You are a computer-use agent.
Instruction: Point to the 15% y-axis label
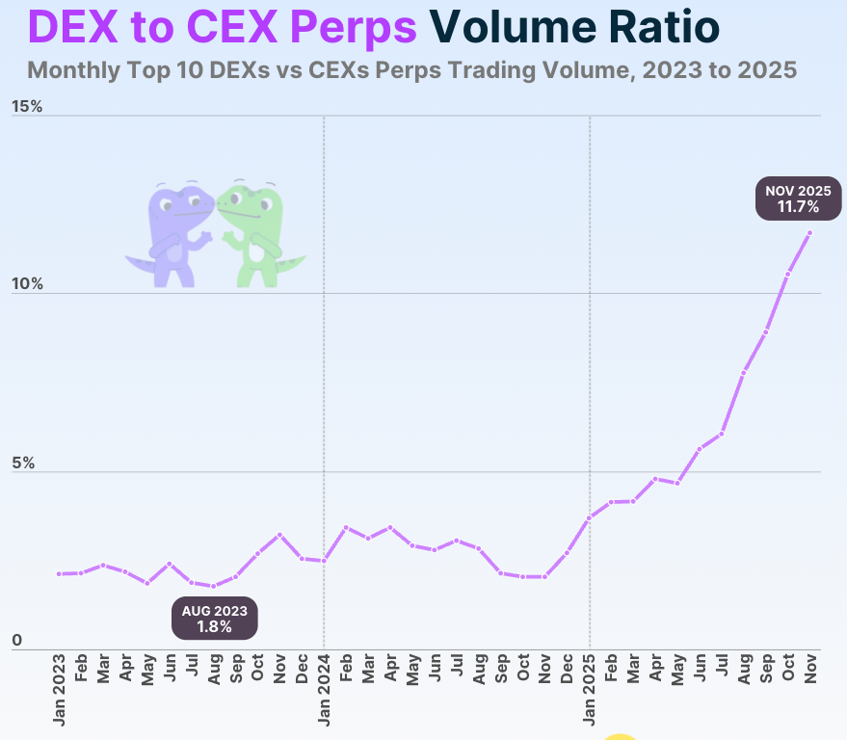pos(27,106)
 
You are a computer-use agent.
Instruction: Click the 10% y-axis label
pos(27,284)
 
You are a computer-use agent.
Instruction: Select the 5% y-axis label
pos(23,463)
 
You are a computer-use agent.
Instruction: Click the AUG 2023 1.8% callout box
pos(215,619)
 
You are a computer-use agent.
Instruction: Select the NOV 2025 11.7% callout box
pos(798,198)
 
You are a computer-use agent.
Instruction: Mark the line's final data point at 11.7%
pos(810,232)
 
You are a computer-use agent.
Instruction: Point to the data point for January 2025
pos(590,517)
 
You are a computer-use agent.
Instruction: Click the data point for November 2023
pos(279,535)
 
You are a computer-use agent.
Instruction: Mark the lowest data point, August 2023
pos(214,586)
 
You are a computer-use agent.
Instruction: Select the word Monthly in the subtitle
pos(71,71)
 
